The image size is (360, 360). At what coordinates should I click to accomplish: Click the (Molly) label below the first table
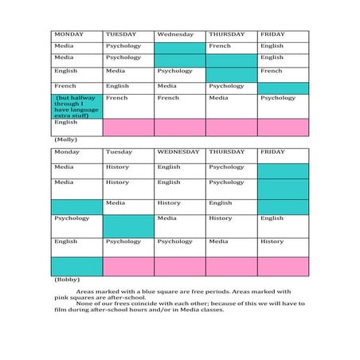click(x=65, y=139)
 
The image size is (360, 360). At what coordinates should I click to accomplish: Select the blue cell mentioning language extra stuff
click(x=76, y=105)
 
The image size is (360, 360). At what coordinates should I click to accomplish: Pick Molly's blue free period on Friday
click(x=283, y=88)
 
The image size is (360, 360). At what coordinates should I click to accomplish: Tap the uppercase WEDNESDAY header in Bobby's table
click(x=178, y=151)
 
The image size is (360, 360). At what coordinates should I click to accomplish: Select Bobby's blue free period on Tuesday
click(x=127, y=225)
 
